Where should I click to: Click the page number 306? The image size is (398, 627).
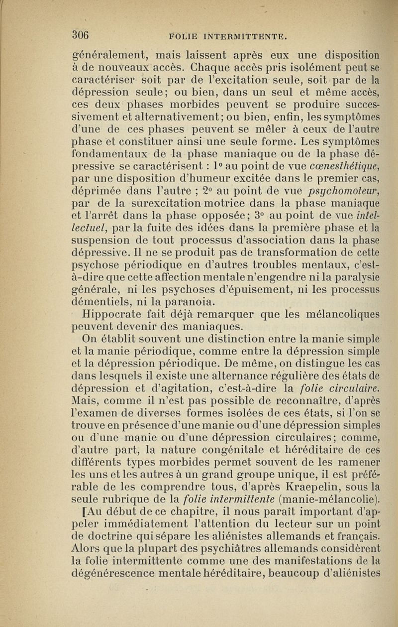tap(80, 34)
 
